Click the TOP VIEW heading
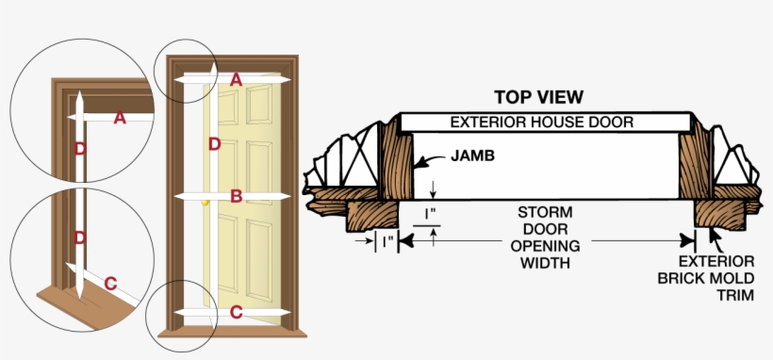[538, 97]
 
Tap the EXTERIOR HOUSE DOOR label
[541, 123]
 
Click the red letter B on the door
[237, 196]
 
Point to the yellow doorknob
[205, 200]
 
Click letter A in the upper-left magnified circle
[120, 118]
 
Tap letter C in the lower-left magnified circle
[110, 283]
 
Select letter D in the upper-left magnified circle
[80, 148]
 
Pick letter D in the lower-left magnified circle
[80, 237]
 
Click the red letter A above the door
[236, 80]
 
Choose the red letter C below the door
[237, 311]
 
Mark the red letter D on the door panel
[214, 144]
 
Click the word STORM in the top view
[546, 212]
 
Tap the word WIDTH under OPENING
[546, 263]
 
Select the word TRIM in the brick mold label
[706, 295]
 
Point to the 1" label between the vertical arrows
[430, 215]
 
